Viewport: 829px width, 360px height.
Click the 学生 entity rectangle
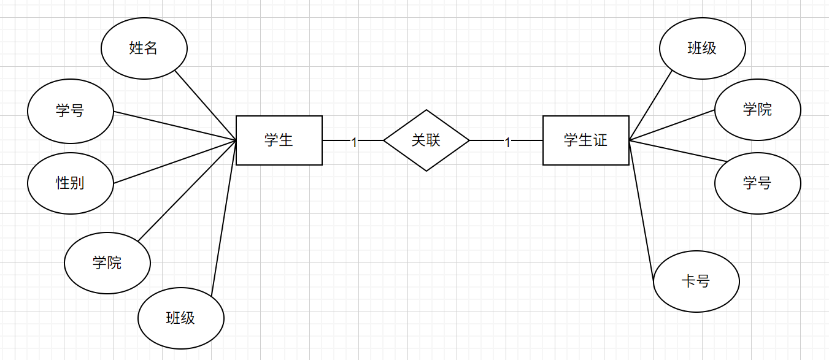pyautogui.click(x=279, y=140)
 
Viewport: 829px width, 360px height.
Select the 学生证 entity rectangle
pyautogui.click(x=586, y=140)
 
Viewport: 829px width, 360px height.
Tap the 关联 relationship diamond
pyautogui.click(x=426, y=140)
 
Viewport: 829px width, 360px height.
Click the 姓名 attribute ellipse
pyautogui.click(x=144, y=48)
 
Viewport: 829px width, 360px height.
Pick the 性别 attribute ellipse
pyautogui.click(x=71, y=183)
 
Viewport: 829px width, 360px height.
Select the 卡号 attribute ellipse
pyautogui.click(x=696, y=281)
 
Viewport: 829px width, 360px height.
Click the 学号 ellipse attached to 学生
pyautogui.click(x=71, y=110)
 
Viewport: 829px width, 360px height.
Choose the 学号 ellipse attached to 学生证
pyautogui.click(x=758, y=183)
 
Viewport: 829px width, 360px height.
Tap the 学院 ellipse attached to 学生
pyautogui.click(x=107, y=263)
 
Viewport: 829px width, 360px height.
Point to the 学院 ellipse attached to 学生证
pyautogui.click(x=758, y=110)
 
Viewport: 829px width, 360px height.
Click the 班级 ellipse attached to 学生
pyautogui.click(x=181, y=318)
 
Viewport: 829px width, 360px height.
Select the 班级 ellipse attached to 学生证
pyautogui.click(x=703, y=48)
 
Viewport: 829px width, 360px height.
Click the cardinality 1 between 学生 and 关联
pyautogui.click(x=354, y=142)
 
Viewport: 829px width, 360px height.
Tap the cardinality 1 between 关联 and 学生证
pyautogui.click(x=507, y=142)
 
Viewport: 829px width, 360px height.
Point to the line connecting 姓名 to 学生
pyautogui.click(x=206, y=105)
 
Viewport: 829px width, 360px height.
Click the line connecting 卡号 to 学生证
pyautogui.click(x=642, y=212)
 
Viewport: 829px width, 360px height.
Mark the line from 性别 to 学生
pyautogui.click(x=175, y=162)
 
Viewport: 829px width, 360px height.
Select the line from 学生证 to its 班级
pyautogui.click(x=650, y=105)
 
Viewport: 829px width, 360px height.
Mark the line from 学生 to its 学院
pyautogui.click(x=187, y=191)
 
